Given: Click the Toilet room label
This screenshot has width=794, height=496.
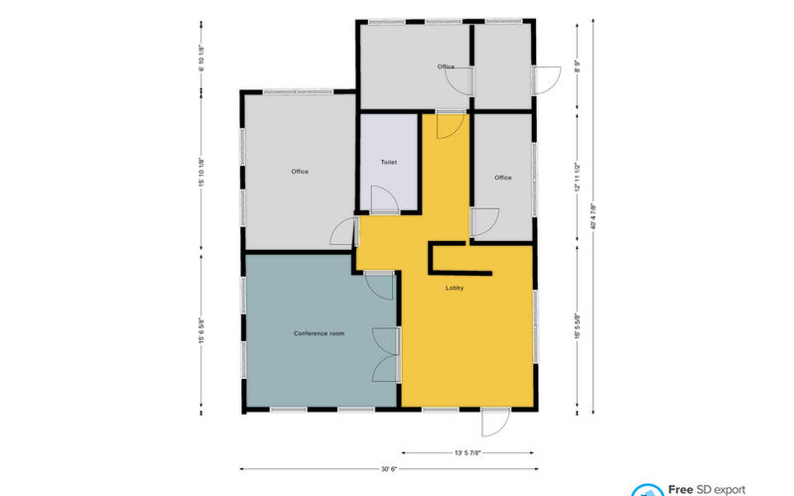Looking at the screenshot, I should point(389,162).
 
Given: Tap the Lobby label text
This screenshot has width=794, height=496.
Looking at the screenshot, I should point(455,289).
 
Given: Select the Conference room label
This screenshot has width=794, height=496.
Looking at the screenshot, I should point(319,333).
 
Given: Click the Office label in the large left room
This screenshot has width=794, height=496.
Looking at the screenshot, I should point(300,172).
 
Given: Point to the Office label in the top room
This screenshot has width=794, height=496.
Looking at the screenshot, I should point(446,66).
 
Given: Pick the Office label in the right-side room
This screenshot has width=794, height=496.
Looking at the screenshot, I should point(503,178).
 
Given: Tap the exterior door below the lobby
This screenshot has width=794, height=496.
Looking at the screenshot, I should point(493,423).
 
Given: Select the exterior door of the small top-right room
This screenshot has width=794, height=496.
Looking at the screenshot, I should point(546,78).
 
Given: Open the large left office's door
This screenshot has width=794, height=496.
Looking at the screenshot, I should point(343,232).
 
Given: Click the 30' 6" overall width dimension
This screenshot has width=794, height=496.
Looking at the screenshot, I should point(390,469).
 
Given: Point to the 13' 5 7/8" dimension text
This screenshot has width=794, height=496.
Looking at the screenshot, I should point(469,452).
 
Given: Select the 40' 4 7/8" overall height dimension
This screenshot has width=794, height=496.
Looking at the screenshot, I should point(593,216).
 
